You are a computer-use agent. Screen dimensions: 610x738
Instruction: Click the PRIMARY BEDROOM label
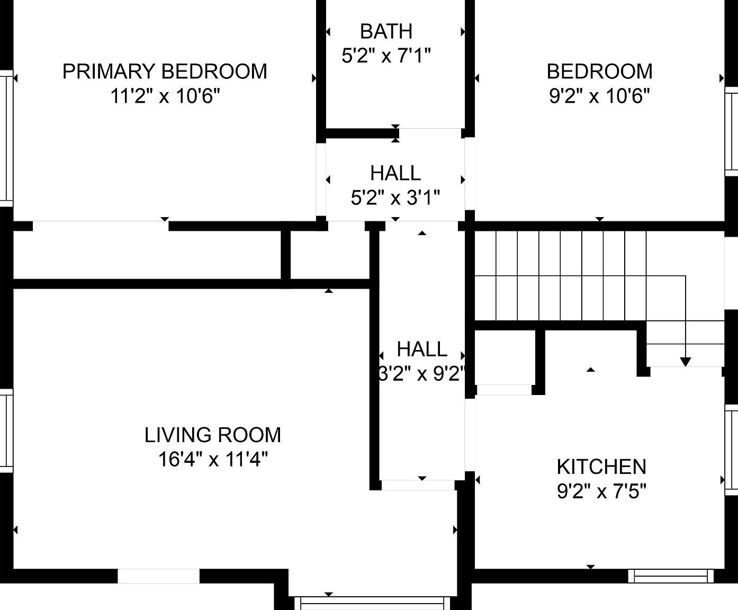pyautogui.click(x=165, y=71)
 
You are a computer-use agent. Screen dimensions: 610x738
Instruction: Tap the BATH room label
pyautogui.click(x=386, y=32)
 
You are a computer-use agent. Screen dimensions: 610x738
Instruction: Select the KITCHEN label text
pyautogui.click(x=601, y=467)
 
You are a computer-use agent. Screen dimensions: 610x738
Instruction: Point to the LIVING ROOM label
pyautogui.click(x=213, y=435)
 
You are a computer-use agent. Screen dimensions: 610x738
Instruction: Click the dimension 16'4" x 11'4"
pyautogui.click(x=213, y=460)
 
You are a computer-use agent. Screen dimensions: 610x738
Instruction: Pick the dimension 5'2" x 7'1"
pyautogui.click(x=386, y=56)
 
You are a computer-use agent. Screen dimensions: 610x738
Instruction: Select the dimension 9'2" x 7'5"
pyautogui.click(x=601, y=492)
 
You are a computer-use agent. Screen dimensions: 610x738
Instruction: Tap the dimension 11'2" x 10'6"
pyautogui.click(x=165, y=96)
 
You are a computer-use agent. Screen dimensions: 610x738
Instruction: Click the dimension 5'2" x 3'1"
pyautogui.click(x=395, y=198)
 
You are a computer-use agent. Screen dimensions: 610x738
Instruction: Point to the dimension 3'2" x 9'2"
pyautogui.click(x=422, y=374)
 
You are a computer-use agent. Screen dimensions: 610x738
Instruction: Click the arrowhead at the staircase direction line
pyautogui.click(x=686, y=362)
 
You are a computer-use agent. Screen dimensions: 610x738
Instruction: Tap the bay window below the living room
pyautogui.click(x=372, y=603)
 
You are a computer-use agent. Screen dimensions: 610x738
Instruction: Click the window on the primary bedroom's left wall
pyautogui.click(x=6, y=138)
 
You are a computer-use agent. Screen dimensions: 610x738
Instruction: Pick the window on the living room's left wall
pyautogui.click(x=6, y=430)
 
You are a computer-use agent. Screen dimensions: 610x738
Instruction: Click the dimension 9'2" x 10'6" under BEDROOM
pyautogui.click(x=599, y=96)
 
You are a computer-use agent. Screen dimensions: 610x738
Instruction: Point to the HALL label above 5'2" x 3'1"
pyautogui.click(x=395, y=173)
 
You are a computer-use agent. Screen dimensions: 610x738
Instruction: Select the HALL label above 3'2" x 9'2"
pyautogui.click(x=422, y=349)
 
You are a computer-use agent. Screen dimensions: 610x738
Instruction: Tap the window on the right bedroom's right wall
pyautogui.click(x=732, y=132)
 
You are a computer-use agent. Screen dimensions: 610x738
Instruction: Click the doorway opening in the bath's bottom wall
pyautogui.click(x=430, y=132)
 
